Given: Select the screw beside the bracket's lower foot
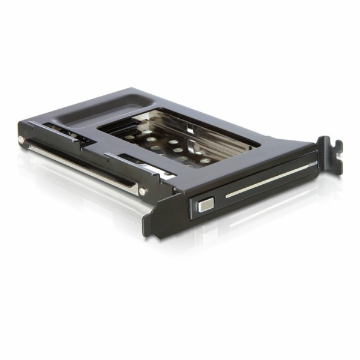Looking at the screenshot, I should [142, 192].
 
